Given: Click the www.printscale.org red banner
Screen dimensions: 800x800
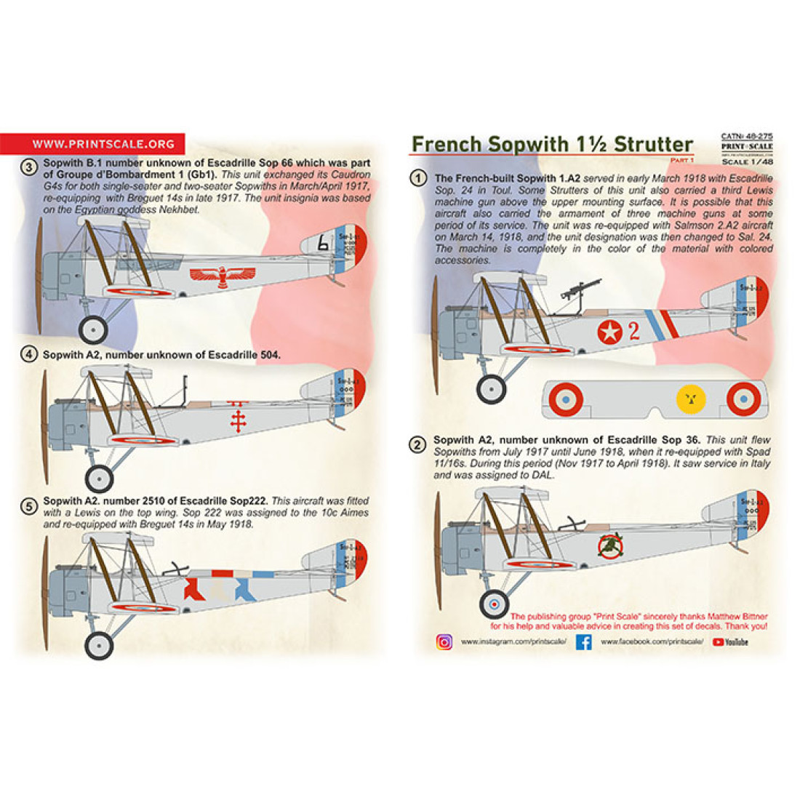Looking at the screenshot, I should coord(92,144).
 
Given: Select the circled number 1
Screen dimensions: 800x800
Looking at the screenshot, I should coord(417,178).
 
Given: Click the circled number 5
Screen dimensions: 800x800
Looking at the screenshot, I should coord(28,506).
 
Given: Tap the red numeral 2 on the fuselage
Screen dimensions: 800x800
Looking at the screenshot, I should coord(633,331).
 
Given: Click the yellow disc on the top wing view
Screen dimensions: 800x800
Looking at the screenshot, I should coord(690,399).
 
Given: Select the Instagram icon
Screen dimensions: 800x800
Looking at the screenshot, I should coord(444,642).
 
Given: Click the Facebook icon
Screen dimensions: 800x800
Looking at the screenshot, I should coord(583,642).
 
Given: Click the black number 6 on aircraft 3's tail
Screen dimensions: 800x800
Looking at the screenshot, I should coord(323,246).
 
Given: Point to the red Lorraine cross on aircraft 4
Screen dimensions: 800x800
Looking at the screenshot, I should coord(236,420).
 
